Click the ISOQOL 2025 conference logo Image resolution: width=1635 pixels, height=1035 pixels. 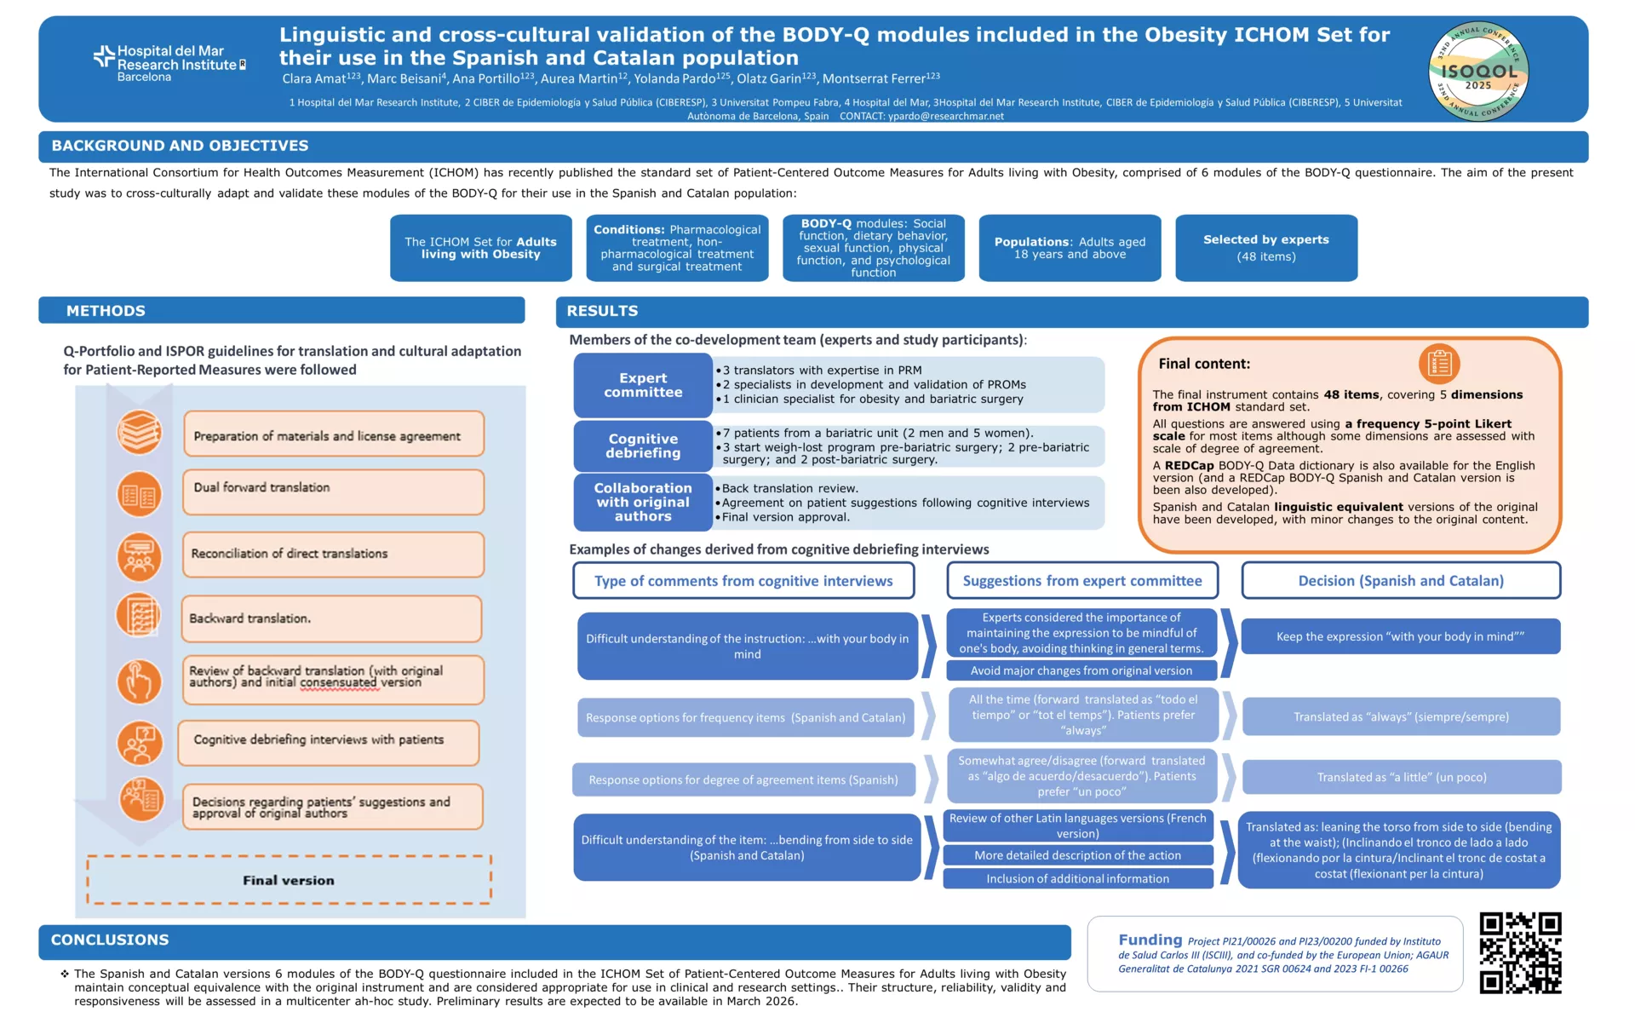(1478, 72)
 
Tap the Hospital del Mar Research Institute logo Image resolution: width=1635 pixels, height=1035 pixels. (169, 64)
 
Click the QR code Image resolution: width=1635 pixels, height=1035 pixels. (1520, 952)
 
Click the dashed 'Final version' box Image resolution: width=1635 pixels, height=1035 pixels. (289, 880)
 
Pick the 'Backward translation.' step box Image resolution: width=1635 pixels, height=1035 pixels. (331, 618)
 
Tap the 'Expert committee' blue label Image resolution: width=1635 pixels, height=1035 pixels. (643, 385)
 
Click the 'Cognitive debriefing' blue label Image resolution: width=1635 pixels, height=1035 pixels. (643, 446)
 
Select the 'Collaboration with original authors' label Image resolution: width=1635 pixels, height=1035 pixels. (643, 502)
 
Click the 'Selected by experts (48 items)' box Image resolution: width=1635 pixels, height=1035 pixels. (1265, 248)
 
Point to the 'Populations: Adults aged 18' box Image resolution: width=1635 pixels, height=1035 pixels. (1070, 248)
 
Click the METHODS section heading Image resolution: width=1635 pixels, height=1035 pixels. (106, 311)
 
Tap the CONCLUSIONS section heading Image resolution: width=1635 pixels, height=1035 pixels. (110, 940)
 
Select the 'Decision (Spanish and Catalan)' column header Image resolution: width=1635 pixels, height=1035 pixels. (1401, 581)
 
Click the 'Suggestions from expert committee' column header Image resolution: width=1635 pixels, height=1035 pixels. (1082, 581)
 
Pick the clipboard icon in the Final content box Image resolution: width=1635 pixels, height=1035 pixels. (1439, 364)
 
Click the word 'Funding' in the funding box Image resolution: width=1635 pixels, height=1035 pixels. (1150, 940)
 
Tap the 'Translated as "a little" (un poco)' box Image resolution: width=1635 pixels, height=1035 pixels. (1402, 777)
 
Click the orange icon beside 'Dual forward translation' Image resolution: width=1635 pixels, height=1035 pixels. (139, 494)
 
